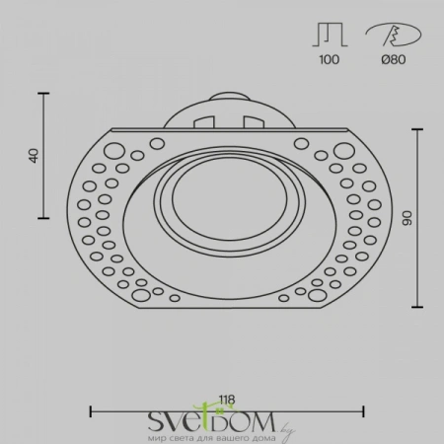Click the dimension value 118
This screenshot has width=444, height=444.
pos(228,400)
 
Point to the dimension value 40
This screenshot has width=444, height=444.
pos(33,155)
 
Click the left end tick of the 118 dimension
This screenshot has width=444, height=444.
pos(91,409)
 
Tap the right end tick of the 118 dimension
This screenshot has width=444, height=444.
pos(365,409)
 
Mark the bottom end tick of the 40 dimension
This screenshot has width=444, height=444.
pos(44,218)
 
